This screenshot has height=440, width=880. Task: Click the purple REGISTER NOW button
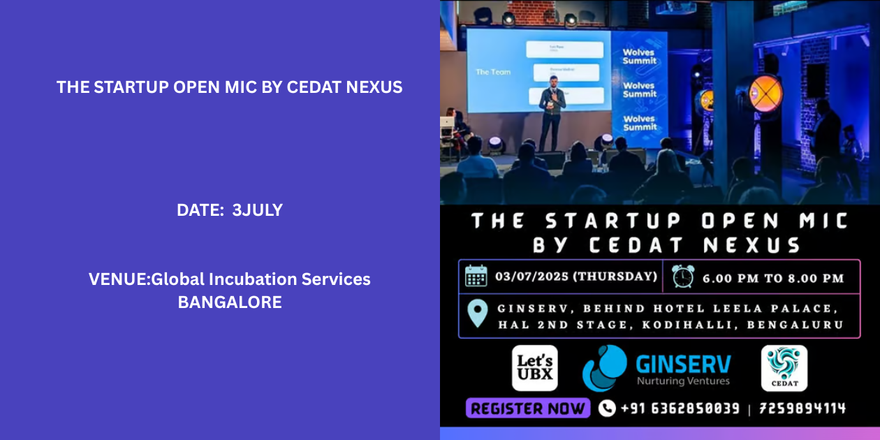click(528, 409)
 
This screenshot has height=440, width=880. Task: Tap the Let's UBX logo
click(534, 368)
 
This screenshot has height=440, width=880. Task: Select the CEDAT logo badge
click(784, 368)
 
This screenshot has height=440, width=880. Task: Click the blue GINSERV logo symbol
click(605, 368)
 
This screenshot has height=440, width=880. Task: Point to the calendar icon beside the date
click(476, 277)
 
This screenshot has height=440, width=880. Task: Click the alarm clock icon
click(683, 277)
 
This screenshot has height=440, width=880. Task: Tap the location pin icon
click(477, 314)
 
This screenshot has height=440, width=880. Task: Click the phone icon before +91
click(607, 409)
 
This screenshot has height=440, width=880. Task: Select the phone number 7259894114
click(802, 409)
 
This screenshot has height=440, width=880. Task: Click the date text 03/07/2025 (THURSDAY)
click(576, 277)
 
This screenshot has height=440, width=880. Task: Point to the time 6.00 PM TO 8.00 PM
click(773, 278)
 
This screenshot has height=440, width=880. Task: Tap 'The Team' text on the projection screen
click(493, 72)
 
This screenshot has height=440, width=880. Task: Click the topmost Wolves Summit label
click(639, 56)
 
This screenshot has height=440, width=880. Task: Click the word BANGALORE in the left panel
click(230, 302)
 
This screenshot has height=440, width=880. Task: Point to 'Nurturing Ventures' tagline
click(683, 381)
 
